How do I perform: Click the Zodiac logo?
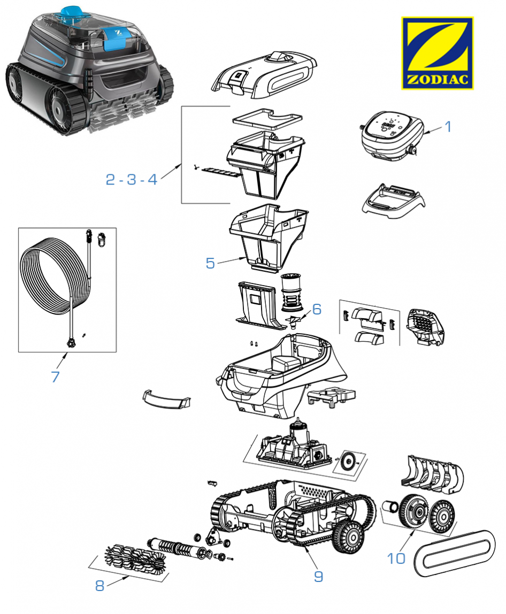click(437, 53)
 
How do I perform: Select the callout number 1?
click(448, 127)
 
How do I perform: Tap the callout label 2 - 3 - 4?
click(132, 180)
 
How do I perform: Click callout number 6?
click(317, 309)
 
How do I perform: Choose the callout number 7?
click(55, 376)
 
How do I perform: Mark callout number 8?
click(99, 585)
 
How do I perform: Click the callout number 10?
click(396, 558)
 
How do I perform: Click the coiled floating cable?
click(48, 278)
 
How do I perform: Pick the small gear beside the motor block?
click(349, 459)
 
